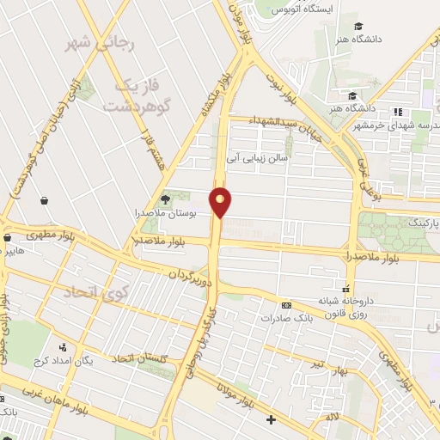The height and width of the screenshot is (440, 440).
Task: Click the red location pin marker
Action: [222, 202]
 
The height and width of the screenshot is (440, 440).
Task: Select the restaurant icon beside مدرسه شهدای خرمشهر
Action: [397, 112]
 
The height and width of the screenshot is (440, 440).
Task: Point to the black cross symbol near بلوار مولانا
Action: [272, 419]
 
